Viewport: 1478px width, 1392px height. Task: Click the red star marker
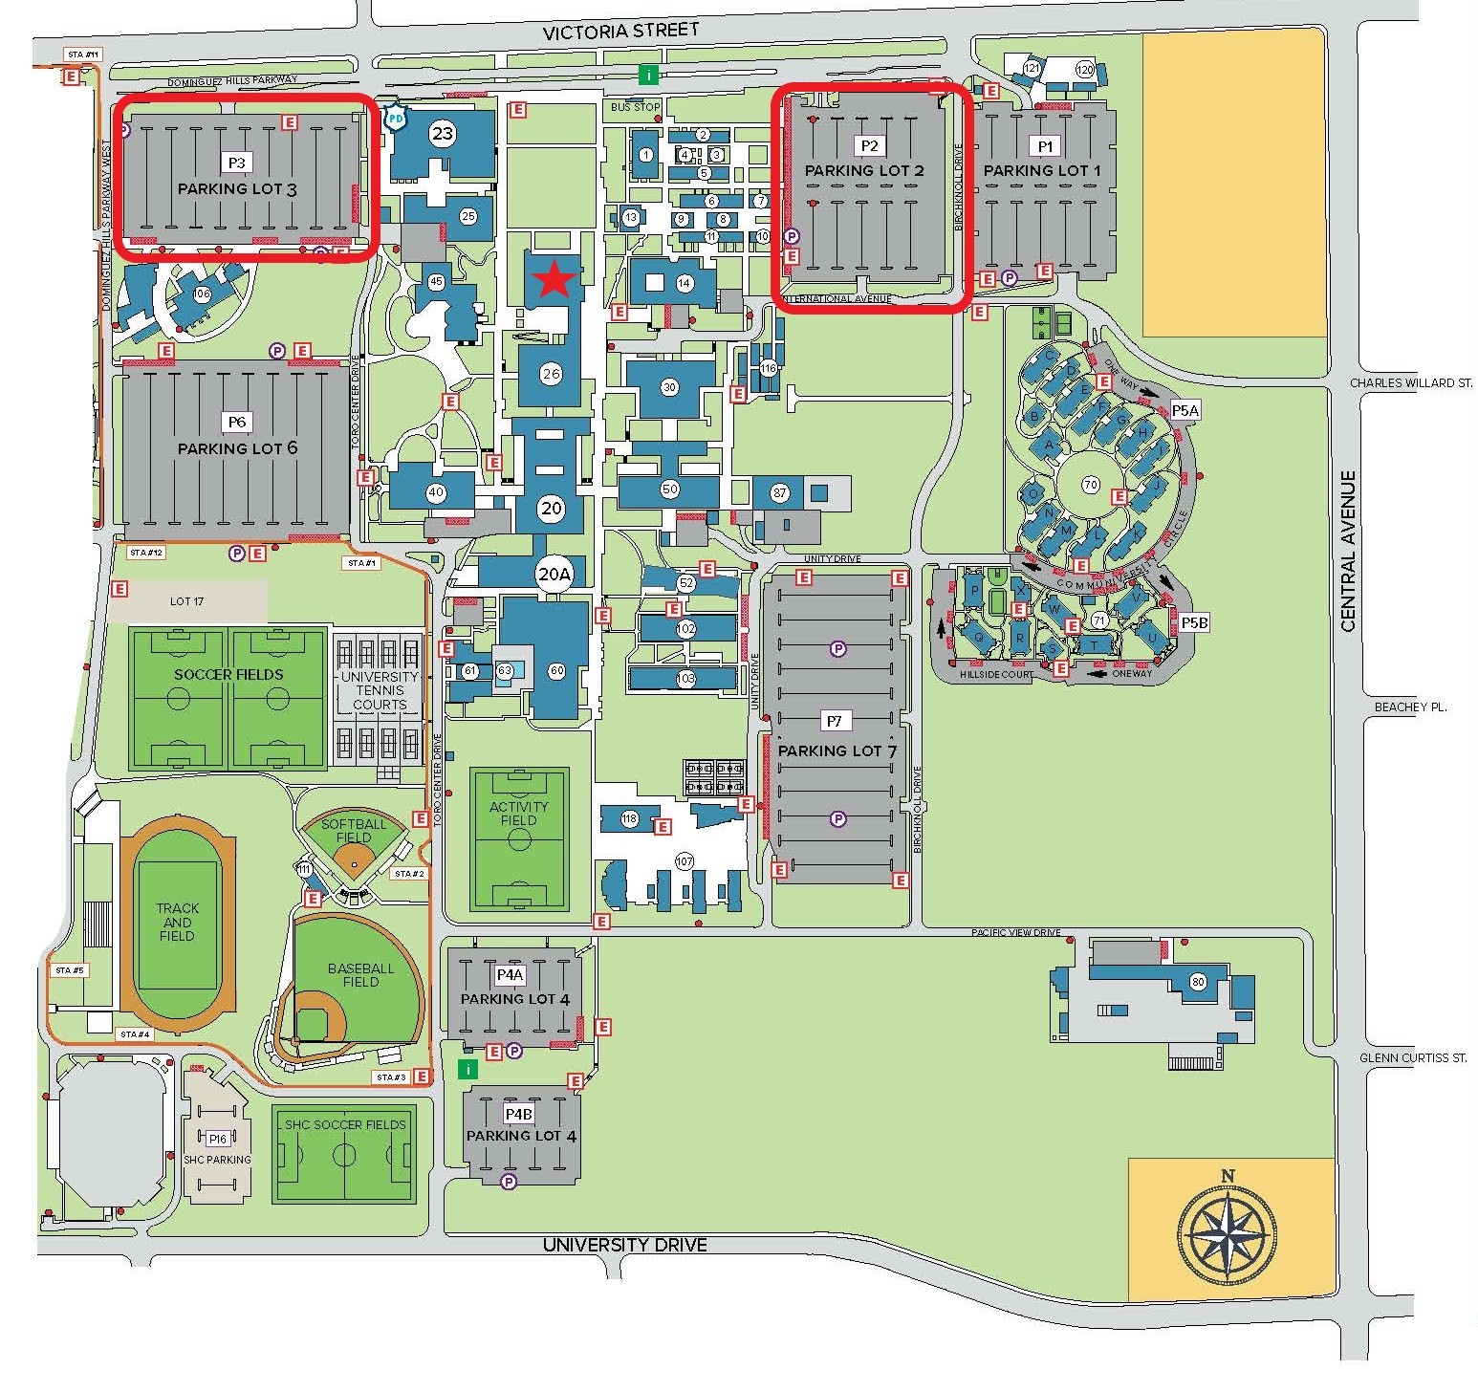click(x=555, y=279)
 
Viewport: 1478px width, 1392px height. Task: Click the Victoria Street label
click(x=620, y=32)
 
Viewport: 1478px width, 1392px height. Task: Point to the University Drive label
click(x=624, y=1245)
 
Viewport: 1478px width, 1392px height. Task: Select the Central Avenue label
click(x=1348, y=551)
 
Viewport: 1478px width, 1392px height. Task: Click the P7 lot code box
click(x=835, y=721)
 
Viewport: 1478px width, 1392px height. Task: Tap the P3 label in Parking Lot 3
click(x=237, y=162)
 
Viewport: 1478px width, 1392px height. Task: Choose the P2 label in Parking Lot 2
click(x=869, y=145)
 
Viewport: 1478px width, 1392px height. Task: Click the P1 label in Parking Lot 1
click(x=1044, y=145)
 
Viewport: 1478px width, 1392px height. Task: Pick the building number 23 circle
click(x=442, y=133)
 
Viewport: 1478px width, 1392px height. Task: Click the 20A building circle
click(x=554, y=575)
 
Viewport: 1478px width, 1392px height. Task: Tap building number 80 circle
click(x=1197, y=982)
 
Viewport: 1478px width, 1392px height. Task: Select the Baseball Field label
click(x=360, y=974)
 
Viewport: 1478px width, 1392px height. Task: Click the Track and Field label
click(x=178, y=922)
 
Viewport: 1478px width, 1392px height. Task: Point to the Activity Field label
click(x=518, y=813)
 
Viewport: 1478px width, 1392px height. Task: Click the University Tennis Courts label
click(x=380, y=690)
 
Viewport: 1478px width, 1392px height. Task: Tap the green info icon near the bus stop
click(x=649, y=75)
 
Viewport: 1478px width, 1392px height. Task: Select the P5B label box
click(x=1194, y=622)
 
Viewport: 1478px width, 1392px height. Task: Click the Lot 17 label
click(x=187, y=601)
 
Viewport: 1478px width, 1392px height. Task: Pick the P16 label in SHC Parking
click(x=218, y=1138)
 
